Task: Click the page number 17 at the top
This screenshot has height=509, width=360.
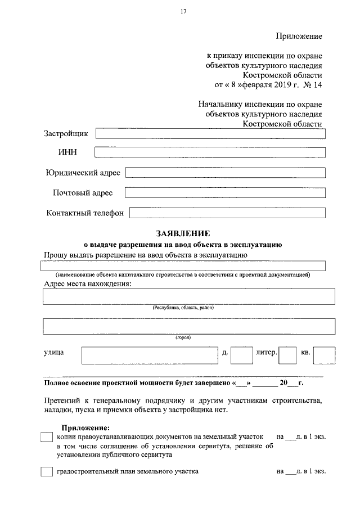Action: click(183, 11)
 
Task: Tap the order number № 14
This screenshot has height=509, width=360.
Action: click(314, 85)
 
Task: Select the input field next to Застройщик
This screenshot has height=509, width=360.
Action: click(210, 134)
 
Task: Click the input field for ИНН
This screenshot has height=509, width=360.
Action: click(210, 152)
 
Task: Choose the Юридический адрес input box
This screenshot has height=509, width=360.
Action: click(226, 172)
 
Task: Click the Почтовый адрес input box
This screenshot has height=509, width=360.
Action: click(225, 193)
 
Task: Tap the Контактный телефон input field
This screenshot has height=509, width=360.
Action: click(227, 213)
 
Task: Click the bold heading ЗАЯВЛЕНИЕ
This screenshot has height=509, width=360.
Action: click(183, 233)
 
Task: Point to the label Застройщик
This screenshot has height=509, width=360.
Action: click(66, 134)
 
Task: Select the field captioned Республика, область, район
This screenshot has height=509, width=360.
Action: click(189, 296)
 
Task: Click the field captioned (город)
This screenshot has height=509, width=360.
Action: click(189, 326)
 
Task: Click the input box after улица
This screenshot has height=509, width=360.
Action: click(149, 355)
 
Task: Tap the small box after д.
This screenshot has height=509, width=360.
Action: click(242, 355)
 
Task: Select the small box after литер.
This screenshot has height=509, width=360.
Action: click(287, 355)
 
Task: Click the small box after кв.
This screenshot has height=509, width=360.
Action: click(325, 355)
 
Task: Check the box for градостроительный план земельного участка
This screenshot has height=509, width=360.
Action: click(47, 472)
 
